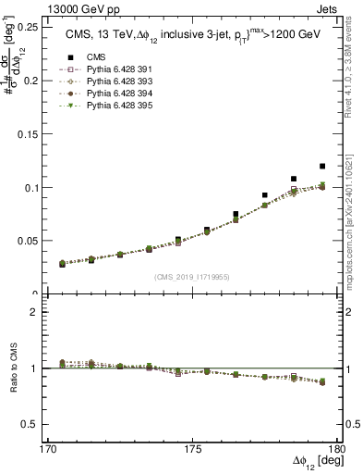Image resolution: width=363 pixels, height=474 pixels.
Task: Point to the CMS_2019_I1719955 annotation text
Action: point(191,276)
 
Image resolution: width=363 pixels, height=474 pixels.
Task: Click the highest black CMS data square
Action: point(322,167)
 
